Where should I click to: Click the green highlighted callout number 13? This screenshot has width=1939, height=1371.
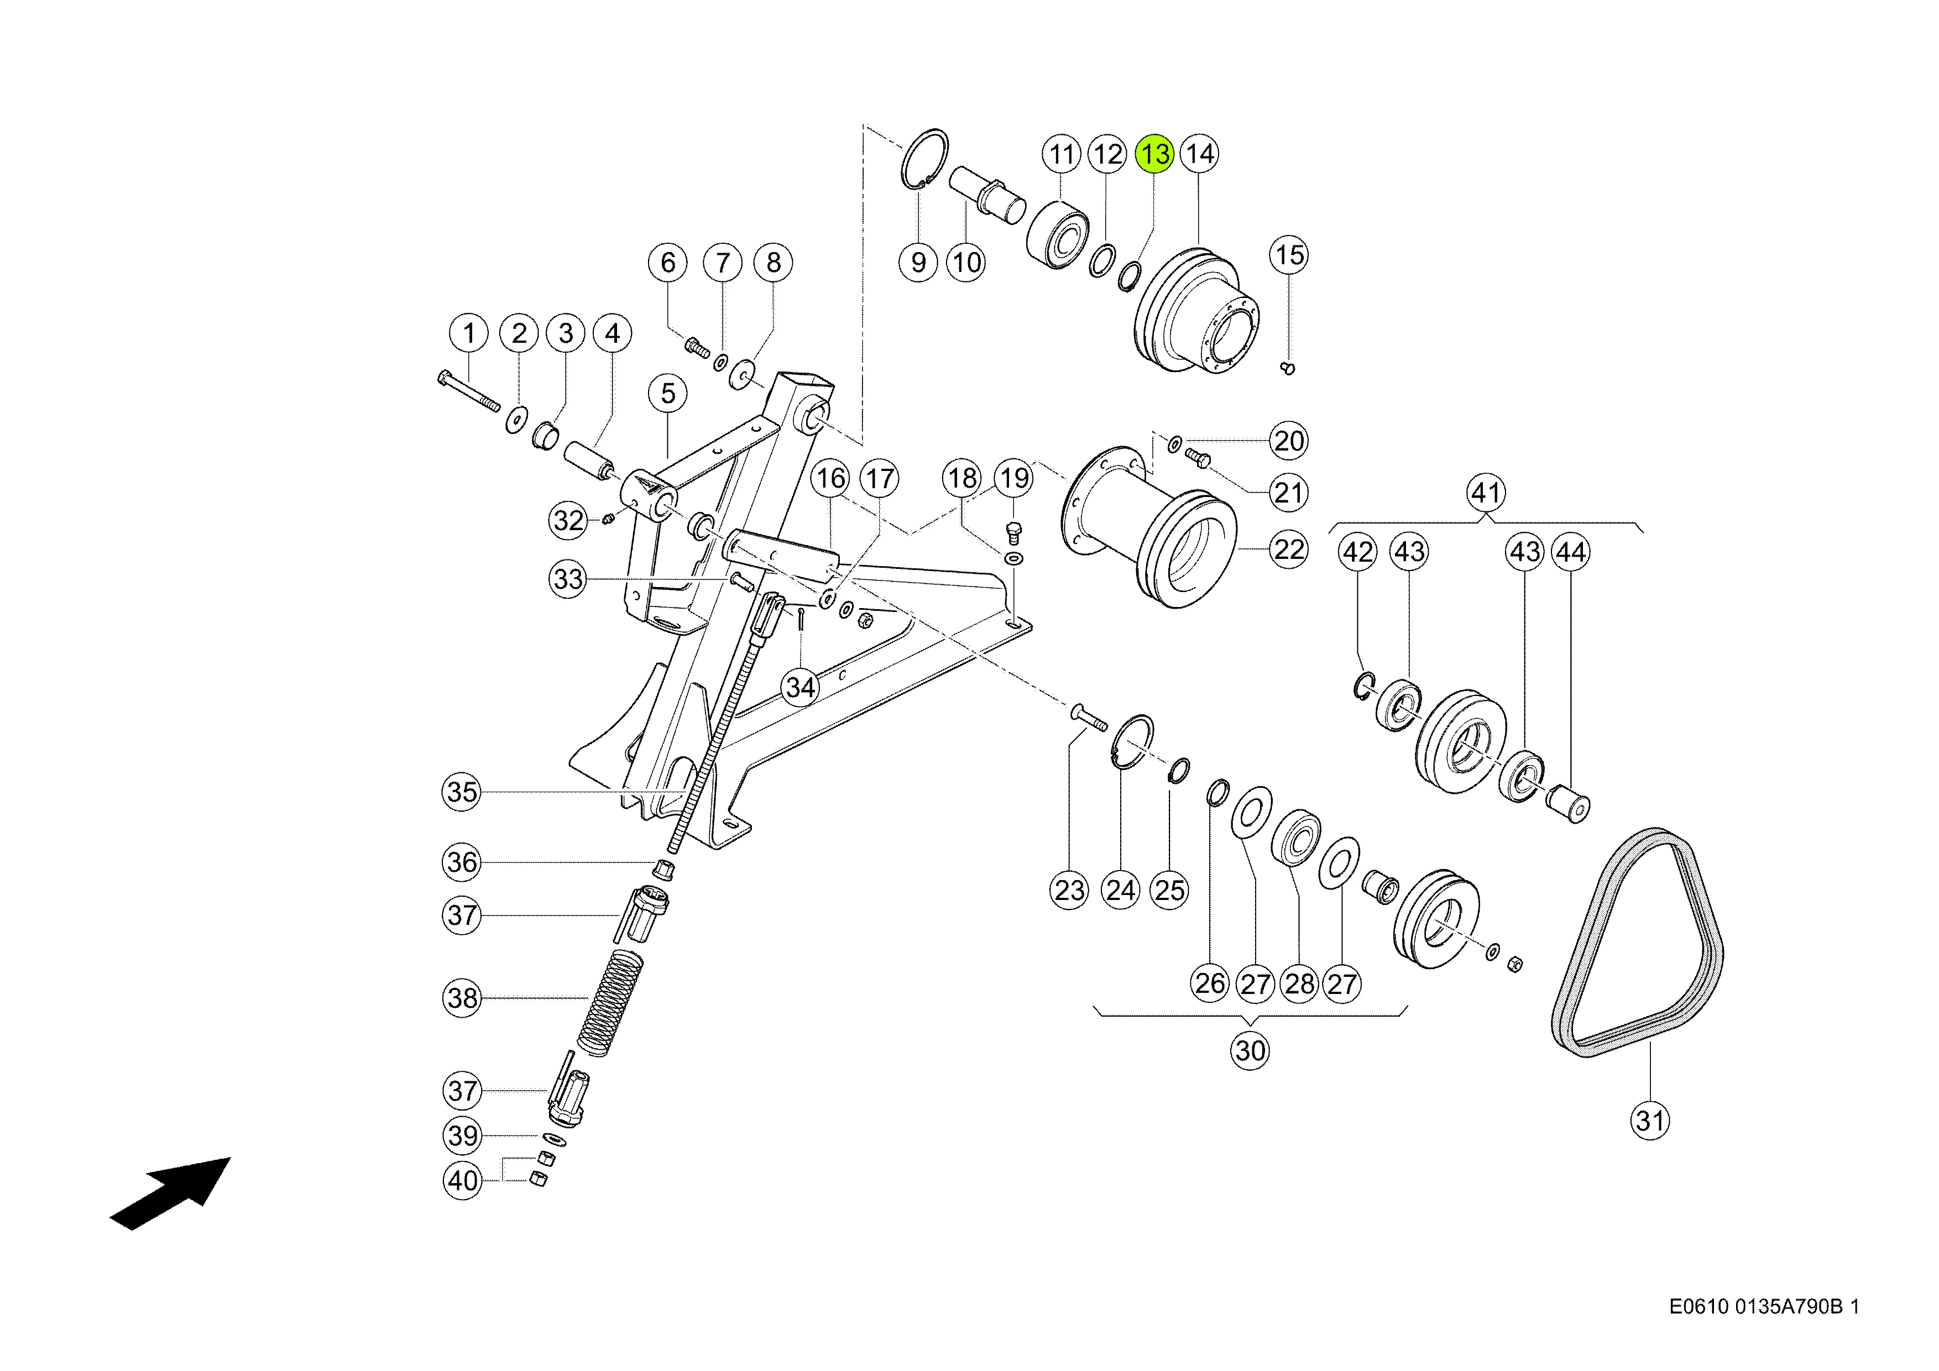pyautogui.click(x=1154, y=154)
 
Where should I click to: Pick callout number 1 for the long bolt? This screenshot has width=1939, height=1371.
pyautogui.click(x=469, y=333)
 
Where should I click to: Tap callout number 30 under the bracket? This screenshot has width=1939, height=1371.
pyautogui.click(x=1250, y=1050)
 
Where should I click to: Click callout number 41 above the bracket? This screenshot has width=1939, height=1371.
pyautogui.click(x=1486, y=492)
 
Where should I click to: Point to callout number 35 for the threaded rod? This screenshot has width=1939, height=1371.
pyautogui.click(x=462, y=792)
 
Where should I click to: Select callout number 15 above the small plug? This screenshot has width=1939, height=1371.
pyautogui.click(x=1289, y=255)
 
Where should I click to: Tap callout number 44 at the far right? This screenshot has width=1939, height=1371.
pyautogui.click(x=1570, y=552)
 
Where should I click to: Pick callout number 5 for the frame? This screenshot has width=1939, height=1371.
pyautogui.click(x=668, y=394)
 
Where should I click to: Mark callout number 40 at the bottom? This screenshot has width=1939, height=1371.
pyautogui.click(x=463, y=1180)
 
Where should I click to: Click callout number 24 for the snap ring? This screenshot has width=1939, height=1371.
pyautogui.click(x=1121, y=890)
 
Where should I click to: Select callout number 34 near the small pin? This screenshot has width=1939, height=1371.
pyautogui.click(x=801, y=687)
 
